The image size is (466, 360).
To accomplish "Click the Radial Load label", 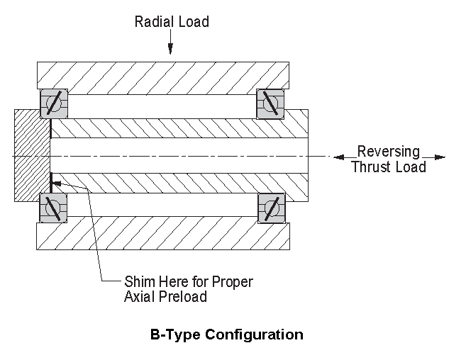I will pos(172,22).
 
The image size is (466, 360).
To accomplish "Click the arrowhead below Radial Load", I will pos(170,50).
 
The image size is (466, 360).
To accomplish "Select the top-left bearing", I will pos(53,104).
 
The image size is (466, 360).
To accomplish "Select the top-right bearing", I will pos(270,104).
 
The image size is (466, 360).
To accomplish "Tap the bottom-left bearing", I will pos(53,208).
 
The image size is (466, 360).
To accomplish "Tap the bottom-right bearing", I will pos(270,208).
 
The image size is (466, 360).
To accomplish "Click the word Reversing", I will pos(389,152).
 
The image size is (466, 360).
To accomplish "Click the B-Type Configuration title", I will pos(226,334).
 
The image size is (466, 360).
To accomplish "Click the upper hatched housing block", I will pos(163,74).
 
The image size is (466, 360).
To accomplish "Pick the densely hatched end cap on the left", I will pos(32,156).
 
